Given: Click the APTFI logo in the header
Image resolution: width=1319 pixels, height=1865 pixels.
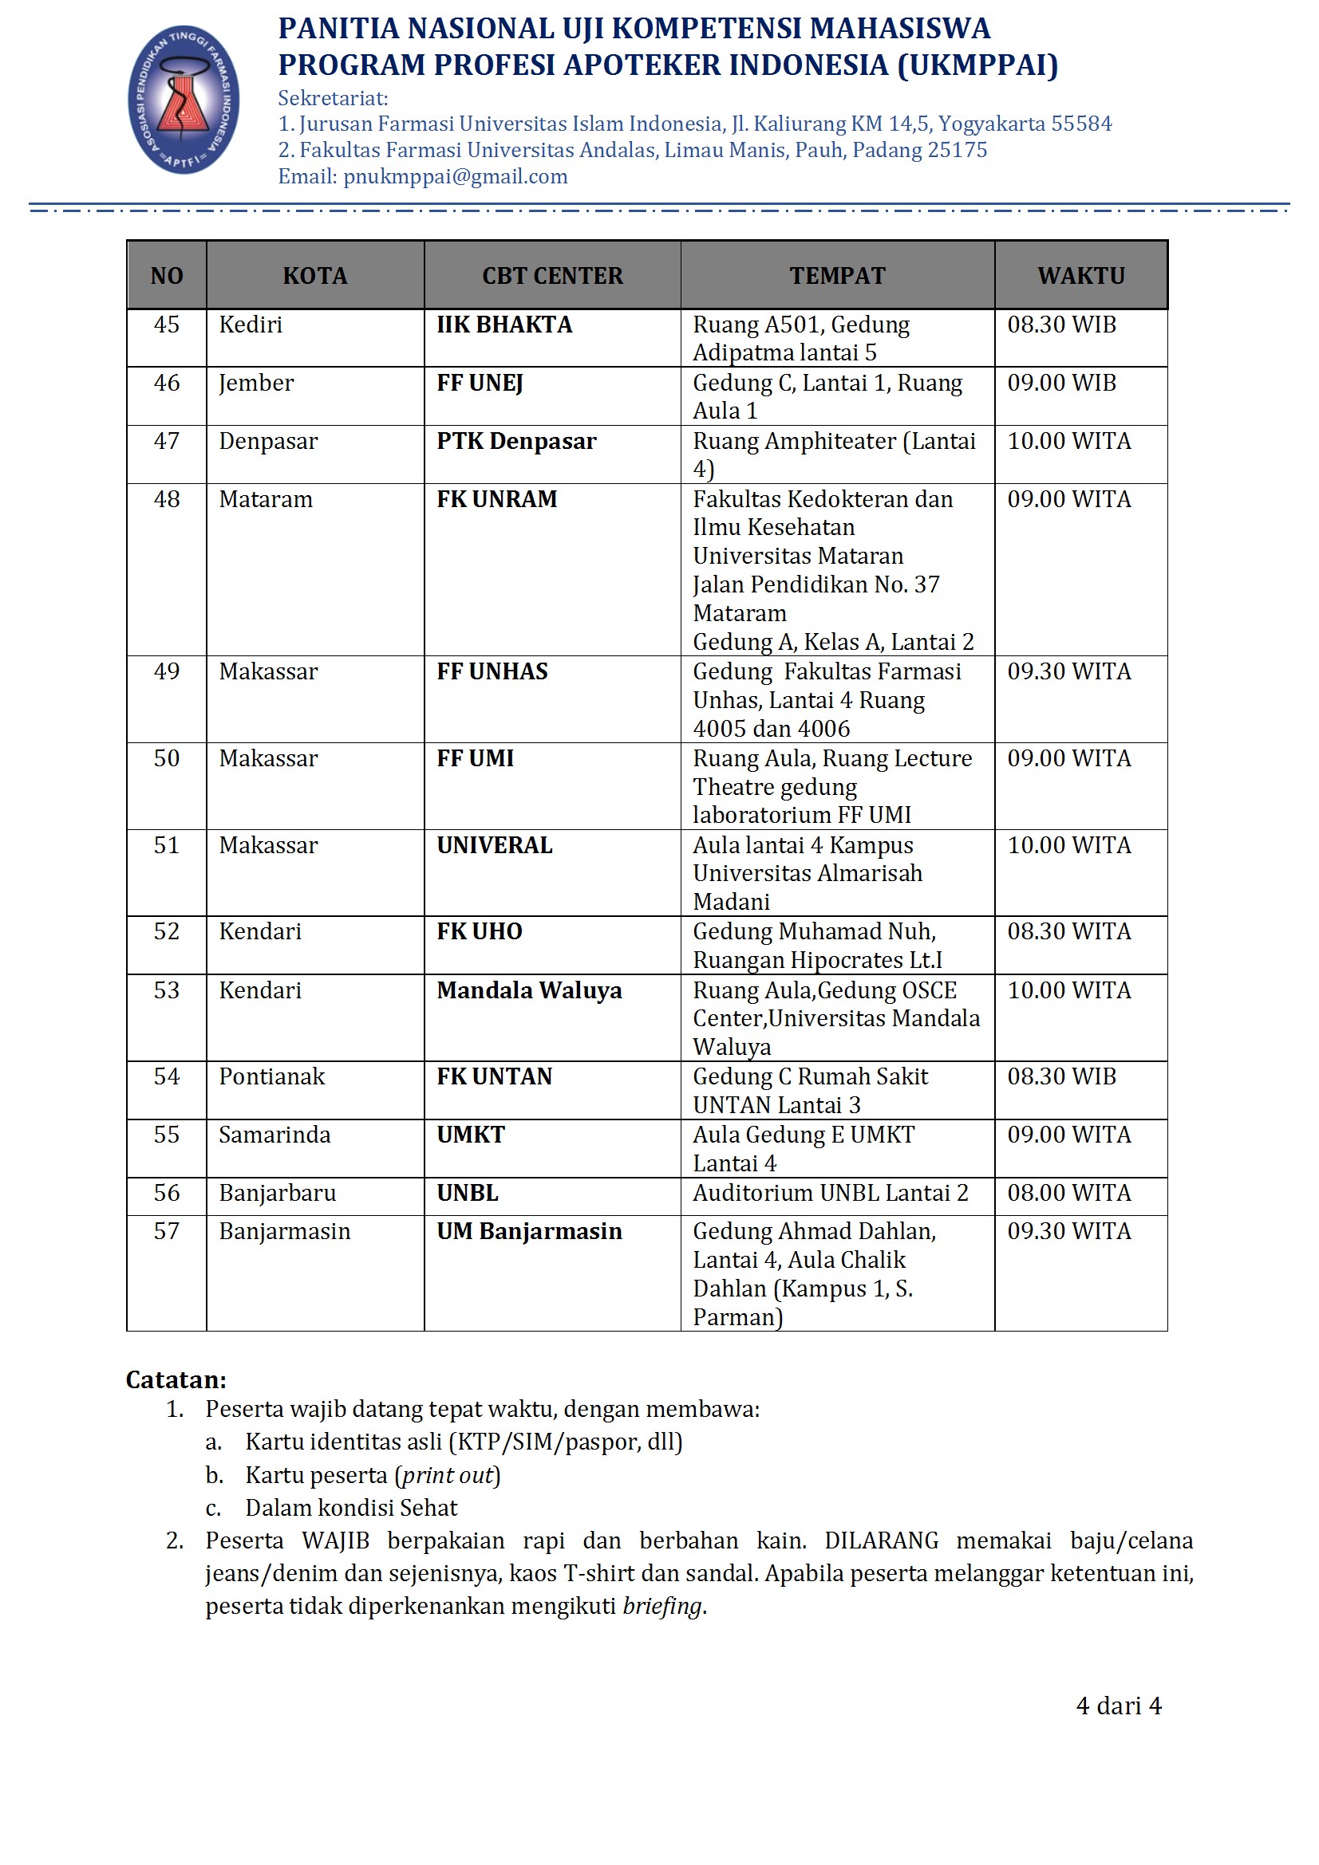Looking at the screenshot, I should tap(184, 99).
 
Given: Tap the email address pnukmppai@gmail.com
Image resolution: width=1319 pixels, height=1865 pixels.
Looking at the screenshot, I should tap(455, 176).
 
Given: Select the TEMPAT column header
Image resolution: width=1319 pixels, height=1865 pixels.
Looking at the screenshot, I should tap(837, 275).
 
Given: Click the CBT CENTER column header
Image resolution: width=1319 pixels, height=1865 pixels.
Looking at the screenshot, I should tap(553, 275).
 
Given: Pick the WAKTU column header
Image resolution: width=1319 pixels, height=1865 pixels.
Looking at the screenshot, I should tap(1081, 275).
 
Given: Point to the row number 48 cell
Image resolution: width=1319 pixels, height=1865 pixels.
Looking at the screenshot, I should tap(167, 498).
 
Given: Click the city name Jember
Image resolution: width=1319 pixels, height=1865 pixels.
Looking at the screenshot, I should tap(256, 383).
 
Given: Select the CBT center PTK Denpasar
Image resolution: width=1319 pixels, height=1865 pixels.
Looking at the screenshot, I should tap(516, 441).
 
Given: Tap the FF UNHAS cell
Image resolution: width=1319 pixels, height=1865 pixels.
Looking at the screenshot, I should tap(492, 671).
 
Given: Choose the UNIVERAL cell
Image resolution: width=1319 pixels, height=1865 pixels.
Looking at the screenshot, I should tap(494, 844).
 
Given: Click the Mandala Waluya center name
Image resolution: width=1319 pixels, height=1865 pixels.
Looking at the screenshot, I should tap(529, 990).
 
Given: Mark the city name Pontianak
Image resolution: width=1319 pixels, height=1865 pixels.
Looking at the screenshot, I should tap(271, 1076).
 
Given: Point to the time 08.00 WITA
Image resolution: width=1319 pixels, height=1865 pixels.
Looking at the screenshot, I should tap(1068, 1192).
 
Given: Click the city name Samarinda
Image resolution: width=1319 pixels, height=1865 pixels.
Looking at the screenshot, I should tap(274, 1135).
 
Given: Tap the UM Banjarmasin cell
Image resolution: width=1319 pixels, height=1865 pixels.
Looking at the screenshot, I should tap(529, 1230).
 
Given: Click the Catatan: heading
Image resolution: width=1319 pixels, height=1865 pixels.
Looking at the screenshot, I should tap(176, 1379).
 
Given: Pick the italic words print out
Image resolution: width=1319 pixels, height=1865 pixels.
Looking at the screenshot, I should tap(448, 1474).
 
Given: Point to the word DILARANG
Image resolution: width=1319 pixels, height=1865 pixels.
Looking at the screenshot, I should tap(881, 1540).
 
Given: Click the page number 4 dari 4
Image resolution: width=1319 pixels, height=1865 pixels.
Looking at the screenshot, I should tap(1118, 1705).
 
